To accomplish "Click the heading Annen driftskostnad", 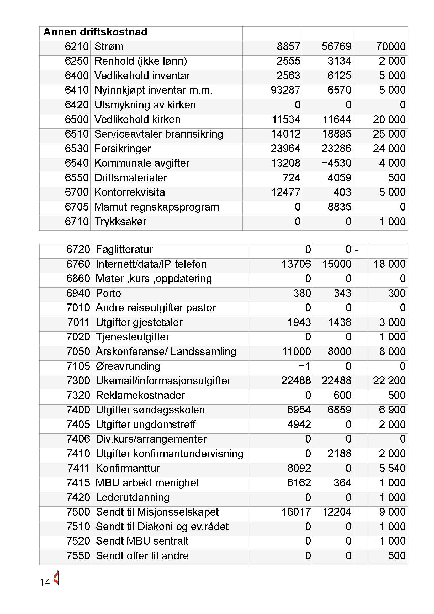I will pos(95,32).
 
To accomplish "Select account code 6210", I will pos(76,46).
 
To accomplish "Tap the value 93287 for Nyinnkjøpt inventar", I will pos(285,90).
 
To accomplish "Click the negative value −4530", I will pos(336,163).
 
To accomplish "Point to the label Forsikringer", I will pos(123,149).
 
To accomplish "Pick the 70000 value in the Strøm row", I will pos(391,46).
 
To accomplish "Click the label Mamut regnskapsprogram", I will pos(157,207).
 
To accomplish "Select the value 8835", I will pos(339,207).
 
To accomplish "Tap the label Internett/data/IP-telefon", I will pos(151,264).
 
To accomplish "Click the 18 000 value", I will pos(389,264).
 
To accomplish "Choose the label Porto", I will pos(108,293).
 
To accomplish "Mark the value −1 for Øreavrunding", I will pos(305,366).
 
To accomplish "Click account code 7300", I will pos(78,381).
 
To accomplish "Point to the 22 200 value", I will pos(389,381).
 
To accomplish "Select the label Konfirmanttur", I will pos(128,468).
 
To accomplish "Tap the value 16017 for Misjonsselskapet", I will pos(296,512).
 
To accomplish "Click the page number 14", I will pos(45,582).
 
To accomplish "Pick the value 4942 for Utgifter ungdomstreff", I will pos(299,424).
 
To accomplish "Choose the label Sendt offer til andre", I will pos(142,556).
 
